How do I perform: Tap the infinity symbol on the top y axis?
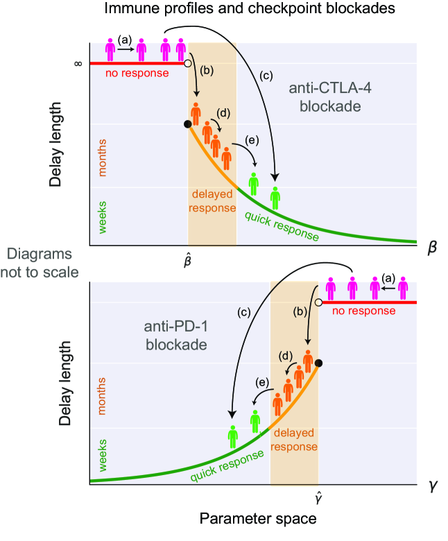pos(78,63)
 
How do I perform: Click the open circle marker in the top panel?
pos(187,63)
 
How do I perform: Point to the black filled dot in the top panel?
pos(187,124)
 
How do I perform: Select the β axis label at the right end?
pos(431,246)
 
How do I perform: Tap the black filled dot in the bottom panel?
pos(318,363)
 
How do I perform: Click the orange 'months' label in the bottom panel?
pos(103,401)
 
